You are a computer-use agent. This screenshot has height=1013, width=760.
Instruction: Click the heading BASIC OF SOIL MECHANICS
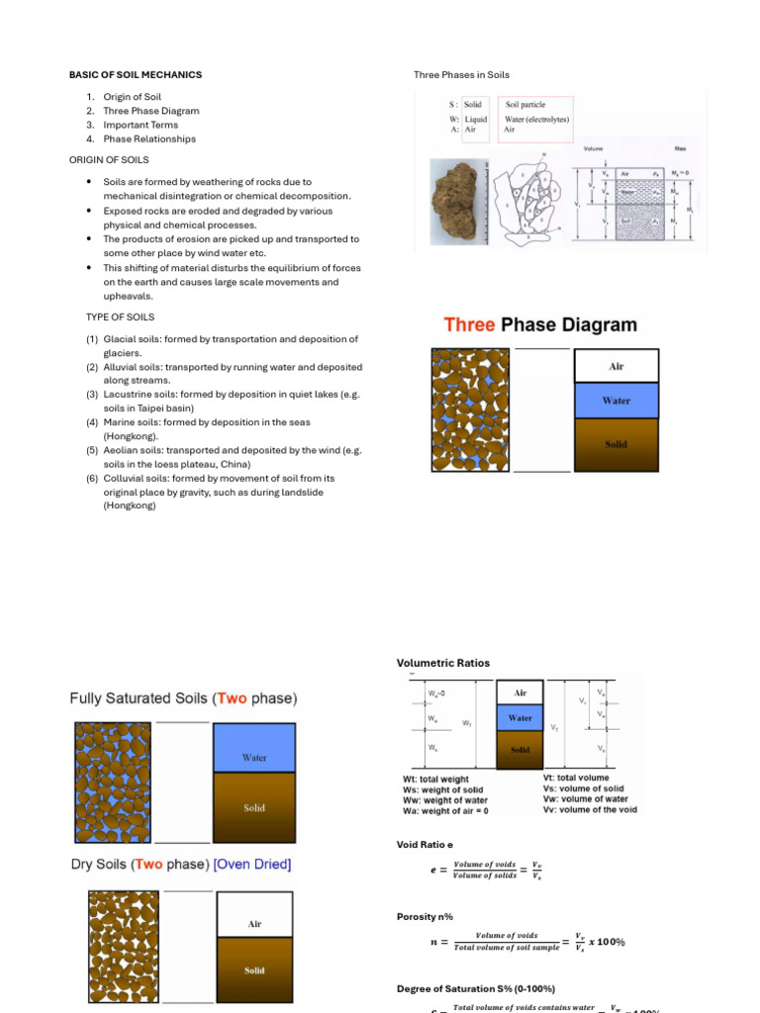coord(135,75)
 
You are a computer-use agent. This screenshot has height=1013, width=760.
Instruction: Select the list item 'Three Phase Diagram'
coord(150,111)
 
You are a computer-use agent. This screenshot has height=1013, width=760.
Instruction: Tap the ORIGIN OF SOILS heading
coord(108,159)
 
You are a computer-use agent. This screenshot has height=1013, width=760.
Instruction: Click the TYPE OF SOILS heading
coord(120,317)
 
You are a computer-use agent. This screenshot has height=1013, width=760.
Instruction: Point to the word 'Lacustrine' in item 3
coord(129,395)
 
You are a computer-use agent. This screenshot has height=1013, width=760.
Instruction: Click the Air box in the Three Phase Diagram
coord(616,366)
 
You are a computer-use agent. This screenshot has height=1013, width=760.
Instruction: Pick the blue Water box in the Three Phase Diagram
coord(616,401)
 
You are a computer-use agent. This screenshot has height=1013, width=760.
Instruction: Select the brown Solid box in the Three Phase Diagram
coord(616,444)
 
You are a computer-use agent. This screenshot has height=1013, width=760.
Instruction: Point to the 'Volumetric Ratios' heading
coord(442,663)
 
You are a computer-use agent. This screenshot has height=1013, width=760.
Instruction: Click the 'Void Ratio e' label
coord(425,845)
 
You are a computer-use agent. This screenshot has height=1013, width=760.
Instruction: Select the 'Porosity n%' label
coord(423,917)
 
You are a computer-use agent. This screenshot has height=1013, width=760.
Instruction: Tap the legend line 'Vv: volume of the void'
coord(590,809)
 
